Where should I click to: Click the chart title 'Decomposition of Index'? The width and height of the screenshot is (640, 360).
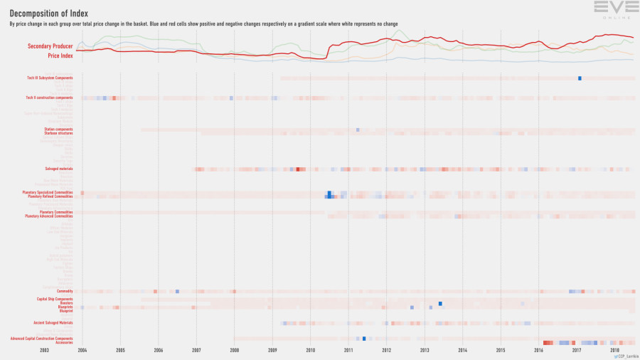coord(49,12)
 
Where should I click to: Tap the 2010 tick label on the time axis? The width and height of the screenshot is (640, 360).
coord(310,350)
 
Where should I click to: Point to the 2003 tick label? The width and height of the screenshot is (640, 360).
coord(44,350)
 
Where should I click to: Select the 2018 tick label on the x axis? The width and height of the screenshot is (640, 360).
coord(614,350)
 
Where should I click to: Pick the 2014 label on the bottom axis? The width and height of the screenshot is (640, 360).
coord(462,350)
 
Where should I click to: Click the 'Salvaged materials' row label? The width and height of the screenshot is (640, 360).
coord(58,169)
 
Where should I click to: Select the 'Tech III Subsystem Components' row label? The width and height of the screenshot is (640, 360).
coord(50,78)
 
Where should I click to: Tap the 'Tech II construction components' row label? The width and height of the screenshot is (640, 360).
coord(49,97)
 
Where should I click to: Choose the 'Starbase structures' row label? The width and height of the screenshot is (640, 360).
coord(58,132)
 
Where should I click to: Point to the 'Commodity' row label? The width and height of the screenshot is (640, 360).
coord(65,291)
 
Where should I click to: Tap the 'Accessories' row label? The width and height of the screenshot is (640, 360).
coord(64,342)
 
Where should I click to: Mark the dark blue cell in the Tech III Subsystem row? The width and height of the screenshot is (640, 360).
coord(580,78)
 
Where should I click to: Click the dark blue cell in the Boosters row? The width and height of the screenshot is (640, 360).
coord(440,304)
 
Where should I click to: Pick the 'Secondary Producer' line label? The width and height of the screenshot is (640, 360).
coord(50,46)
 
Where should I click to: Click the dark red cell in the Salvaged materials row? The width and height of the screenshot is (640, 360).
coord(297,169)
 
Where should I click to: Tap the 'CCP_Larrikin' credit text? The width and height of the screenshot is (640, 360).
coord(626,356)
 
